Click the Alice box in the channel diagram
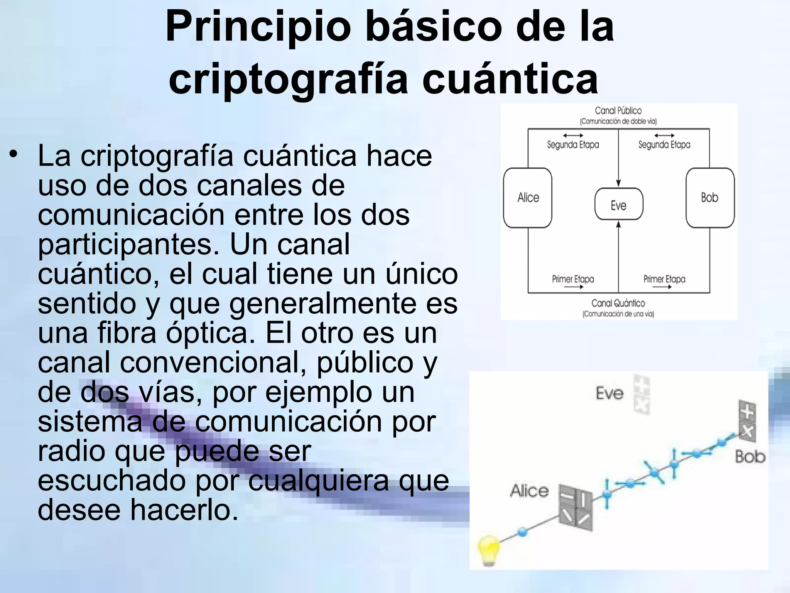click(x=528, y=198)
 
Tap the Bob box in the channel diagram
click(x=710, y=198)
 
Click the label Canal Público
click(x=618, y=111)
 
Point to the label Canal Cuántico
click(x=618, y=303)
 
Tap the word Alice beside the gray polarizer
click(x=529, y=491)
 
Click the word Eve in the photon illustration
click(x=609, y=393)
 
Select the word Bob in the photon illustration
click(x=750, y=457)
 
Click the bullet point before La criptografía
click(x=14, y=154)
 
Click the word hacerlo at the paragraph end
click(x=184, y=510)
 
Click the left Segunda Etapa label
click(x=573, y=145)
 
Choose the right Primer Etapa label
click(x=664, y=279)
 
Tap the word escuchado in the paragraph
click(x=111, y=480)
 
